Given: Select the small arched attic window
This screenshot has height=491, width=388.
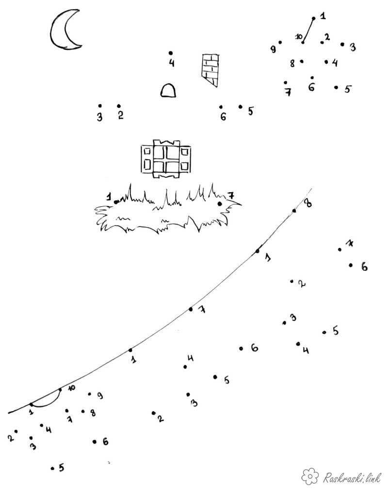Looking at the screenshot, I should point(168,91).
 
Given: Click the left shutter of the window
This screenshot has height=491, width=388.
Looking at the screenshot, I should point(146,159).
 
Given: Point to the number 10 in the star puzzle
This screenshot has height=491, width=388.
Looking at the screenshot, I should point(299,36).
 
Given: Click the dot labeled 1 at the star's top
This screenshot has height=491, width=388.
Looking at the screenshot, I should point(313,18).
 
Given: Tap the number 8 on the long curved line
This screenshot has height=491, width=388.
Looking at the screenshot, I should point(308,203).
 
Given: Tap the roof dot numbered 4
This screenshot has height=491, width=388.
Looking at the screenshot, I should point(171,53).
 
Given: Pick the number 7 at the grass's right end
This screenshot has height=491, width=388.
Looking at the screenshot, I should point(230,196).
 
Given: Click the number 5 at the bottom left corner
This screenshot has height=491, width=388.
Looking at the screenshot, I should point(61,468).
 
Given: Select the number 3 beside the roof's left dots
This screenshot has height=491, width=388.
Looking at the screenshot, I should point(99,117).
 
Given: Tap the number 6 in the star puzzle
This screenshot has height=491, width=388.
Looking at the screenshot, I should point(311,87).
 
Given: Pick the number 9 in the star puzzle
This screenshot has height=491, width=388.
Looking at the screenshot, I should point(274,49).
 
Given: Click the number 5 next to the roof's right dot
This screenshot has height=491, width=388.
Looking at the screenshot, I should point(250,111).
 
